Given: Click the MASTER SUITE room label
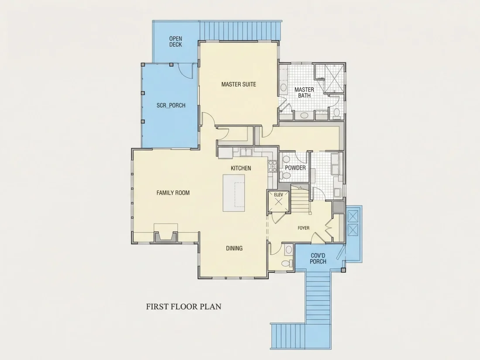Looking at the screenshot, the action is [238, 84].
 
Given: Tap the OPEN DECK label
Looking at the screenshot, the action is [176, 41].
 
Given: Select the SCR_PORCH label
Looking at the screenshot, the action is [171, 105].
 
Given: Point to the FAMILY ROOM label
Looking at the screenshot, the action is [173, 193].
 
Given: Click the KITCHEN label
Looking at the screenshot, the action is [241, 168].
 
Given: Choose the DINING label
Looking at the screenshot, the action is [234, 248].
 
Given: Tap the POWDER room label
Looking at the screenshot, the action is [295, 168].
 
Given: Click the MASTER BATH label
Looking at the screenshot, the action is [304, 93].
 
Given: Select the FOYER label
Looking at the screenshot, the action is [303, 228].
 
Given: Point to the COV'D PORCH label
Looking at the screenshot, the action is [318, 258].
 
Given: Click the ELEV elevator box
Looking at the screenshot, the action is [278, 202].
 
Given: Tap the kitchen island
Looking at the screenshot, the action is [234, 193].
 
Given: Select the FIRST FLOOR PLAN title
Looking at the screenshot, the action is [184, 306].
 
